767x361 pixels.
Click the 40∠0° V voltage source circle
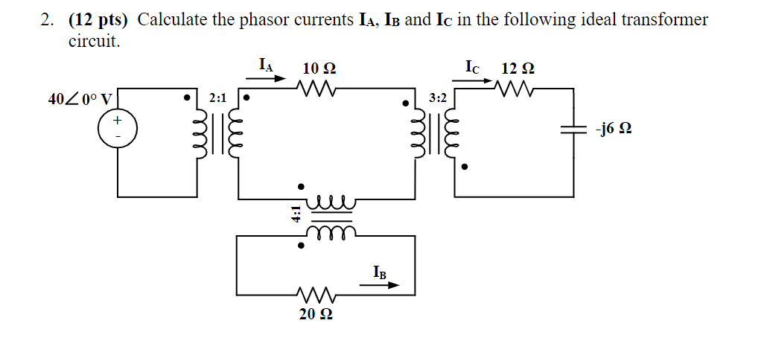116,128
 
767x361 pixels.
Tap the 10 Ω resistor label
319,68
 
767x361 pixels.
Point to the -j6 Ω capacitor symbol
573,129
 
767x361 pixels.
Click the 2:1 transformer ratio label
218,98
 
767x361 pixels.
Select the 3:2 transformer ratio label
439,98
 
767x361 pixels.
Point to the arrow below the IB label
384,284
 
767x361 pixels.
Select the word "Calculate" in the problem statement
173,20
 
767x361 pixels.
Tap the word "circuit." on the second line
94,42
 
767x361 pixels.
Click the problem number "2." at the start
48,20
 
